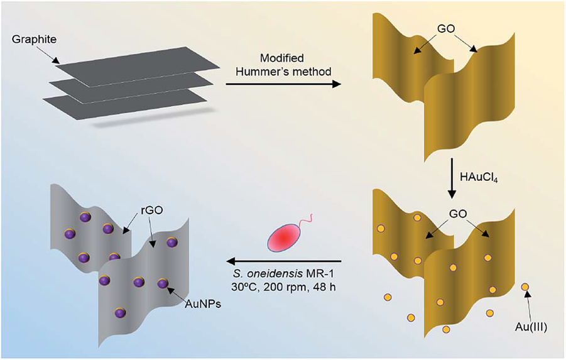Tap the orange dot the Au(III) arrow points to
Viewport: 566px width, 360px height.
click(525, 288)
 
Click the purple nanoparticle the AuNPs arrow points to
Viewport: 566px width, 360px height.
click(163, 283)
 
